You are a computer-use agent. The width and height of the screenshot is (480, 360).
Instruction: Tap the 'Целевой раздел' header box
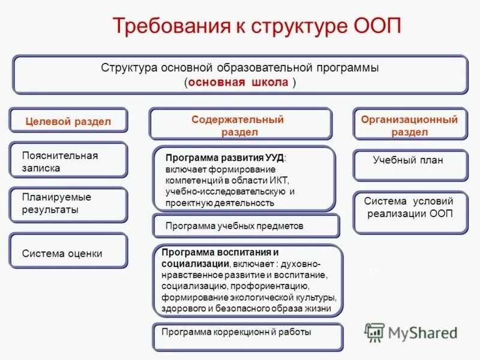pos(68,121)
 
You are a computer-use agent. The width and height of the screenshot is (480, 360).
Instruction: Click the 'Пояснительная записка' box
pos(68,161)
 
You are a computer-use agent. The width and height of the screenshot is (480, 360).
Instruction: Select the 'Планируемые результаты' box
pos(68,204)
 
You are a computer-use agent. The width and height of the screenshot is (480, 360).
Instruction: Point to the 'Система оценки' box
pos(68,253)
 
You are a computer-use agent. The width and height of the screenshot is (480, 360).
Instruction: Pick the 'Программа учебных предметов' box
pos(245,226)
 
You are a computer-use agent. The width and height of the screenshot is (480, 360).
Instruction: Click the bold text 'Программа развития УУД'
pos(225,158)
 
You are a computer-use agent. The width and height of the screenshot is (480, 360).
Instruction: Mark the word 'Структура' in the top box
pos(130,68)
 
